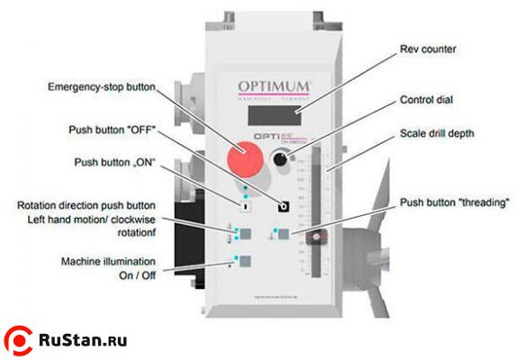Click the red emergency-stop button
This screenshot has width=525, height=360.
[x=244, y=163]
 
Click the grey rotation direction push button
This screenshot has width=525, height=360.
[x=244, y=233]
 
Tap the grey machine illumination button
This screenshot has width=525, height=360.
[x=244, y=263]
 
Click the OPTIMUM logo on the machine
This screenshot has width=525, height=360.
[x=274, y=86]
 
